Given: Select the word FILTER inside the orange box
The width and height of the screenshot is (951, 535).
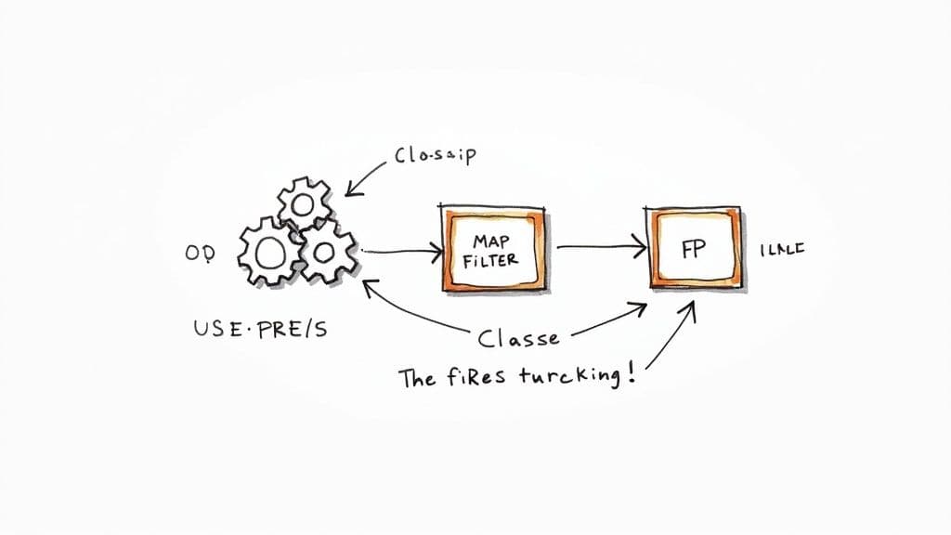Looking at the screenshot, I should pos(490,261).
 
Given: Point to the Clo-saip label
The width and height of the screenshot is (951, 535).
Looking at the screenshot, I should pos(435,155).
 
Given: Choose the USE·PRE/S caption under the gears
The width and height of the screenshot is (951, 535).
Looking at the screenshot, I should pos(259,329).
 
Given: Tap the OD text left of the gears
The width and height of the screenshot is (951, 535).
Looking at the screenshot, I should pos(200,254).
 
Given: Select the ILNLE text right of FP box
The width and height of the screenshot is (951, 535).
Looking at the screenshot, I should pos(783,250).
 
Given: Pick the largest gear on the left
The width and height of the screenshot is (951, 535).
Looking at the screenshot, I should pos(269,252).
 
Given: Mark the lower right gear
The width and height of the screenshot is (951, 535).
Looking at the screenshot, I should pos(327,254).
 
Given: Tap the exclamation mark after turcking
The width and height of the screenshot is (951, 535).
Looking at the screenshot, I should pos(632,375).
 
